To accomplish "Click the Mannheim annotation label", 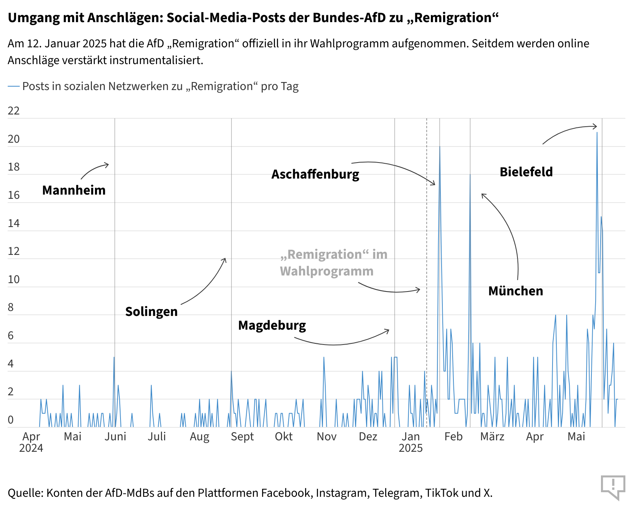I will pyautogui.click(x=74, y=190).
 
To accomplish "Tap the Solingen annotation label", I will pyautogui.click(x=151, y=311).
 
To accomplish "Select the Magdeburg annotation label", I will pyautogui.click(x=272, y=325).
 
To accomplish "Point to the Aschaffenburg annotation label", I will pyautogui.click(x=315, y=174).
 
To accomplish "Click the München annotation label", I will pyautogui.click(x=516, y=291).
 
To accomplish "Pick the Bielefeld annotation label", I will pyautogui.click(x=526, y=172).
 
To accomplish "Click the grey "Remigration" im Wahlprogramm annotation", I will pyautogui.click(x=333, y=263).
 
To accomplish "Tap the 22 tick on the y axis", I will pyautogui.click(x=14, y=111).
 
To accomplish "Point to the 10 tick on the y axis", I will pyautogui.click(x=14, y=279).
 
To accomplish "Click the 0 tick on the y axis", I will pyautogui.click(x=11, y=420).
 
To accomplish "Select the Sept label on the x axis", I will pyautogui.click(x=242, y=437).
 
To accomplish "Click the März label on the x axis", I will pyautogui.click(x=492, y=437).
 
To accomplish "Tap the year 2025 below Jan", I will pyautogui.click(x=411, y=448).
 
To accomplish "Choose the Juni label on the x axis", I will pyautogui.click(x=115, y=437).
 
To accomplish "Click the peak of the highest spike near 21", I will pyautogui.click(x=597, y=133).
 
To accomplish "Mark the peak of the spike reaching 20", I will pyautogui.click(x=440, y=147).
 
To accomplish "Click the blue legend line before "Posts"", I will pyautogui.click(x=14, y=87).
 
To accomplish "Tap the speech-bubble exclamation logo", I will pyautogui.click(x=613, y=487).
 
